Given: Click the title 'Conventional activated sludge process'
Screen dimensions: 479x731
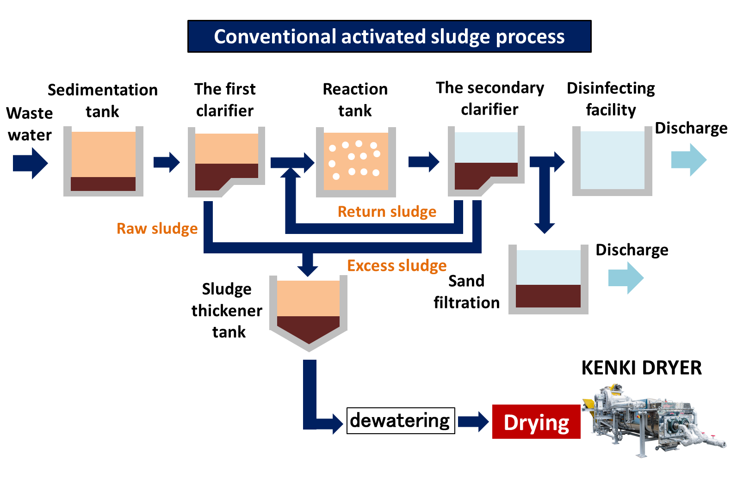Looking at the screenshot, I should click(389, 37).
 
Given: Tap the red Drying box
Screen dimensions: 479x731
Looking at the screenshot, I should click(536, 422).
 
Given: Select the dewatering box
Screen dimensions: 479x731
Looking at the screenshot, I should click(400, 420).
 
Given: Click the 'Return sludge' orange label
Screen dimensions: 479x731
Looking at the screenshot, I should click(387, 212).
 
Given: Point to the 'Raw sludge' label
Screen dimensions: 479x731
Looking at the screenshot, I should click(157, 228).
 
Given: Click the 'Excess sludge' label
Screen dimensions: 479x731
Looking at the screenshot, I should click(396, 266).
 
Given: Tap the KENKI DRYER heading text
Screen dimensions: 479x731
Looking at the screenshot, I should click(641, 368).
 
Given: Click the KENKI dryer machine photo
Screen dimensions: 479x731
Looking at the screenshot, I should click(652, 421).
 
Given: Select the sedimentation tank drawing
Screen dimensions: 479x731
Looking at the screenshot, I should click(103, 162).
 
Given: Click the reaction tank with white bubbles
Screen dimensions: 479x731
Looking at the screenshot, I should click(355, 162).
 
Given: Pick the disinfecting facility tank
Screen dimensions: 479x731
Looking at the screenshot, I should click(612, 161).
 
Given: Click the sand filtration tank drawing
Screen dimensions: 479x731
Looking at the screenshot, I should click(548, 280).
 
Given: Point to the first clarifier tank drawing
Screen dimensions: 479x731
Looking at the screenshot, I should click(226, 162).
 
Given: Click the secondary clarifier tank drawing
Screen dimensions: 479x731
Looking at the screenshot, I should click(486, 161).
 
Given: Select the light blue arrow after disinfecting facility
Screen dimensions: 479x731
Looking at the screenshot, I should click(689, 160).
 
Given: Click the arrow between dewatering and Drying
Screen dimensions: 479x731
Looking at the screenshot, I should click(473, 422).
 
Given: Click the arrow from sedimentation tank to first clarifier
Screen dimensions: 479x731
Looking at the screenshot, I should click(167, 162).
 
